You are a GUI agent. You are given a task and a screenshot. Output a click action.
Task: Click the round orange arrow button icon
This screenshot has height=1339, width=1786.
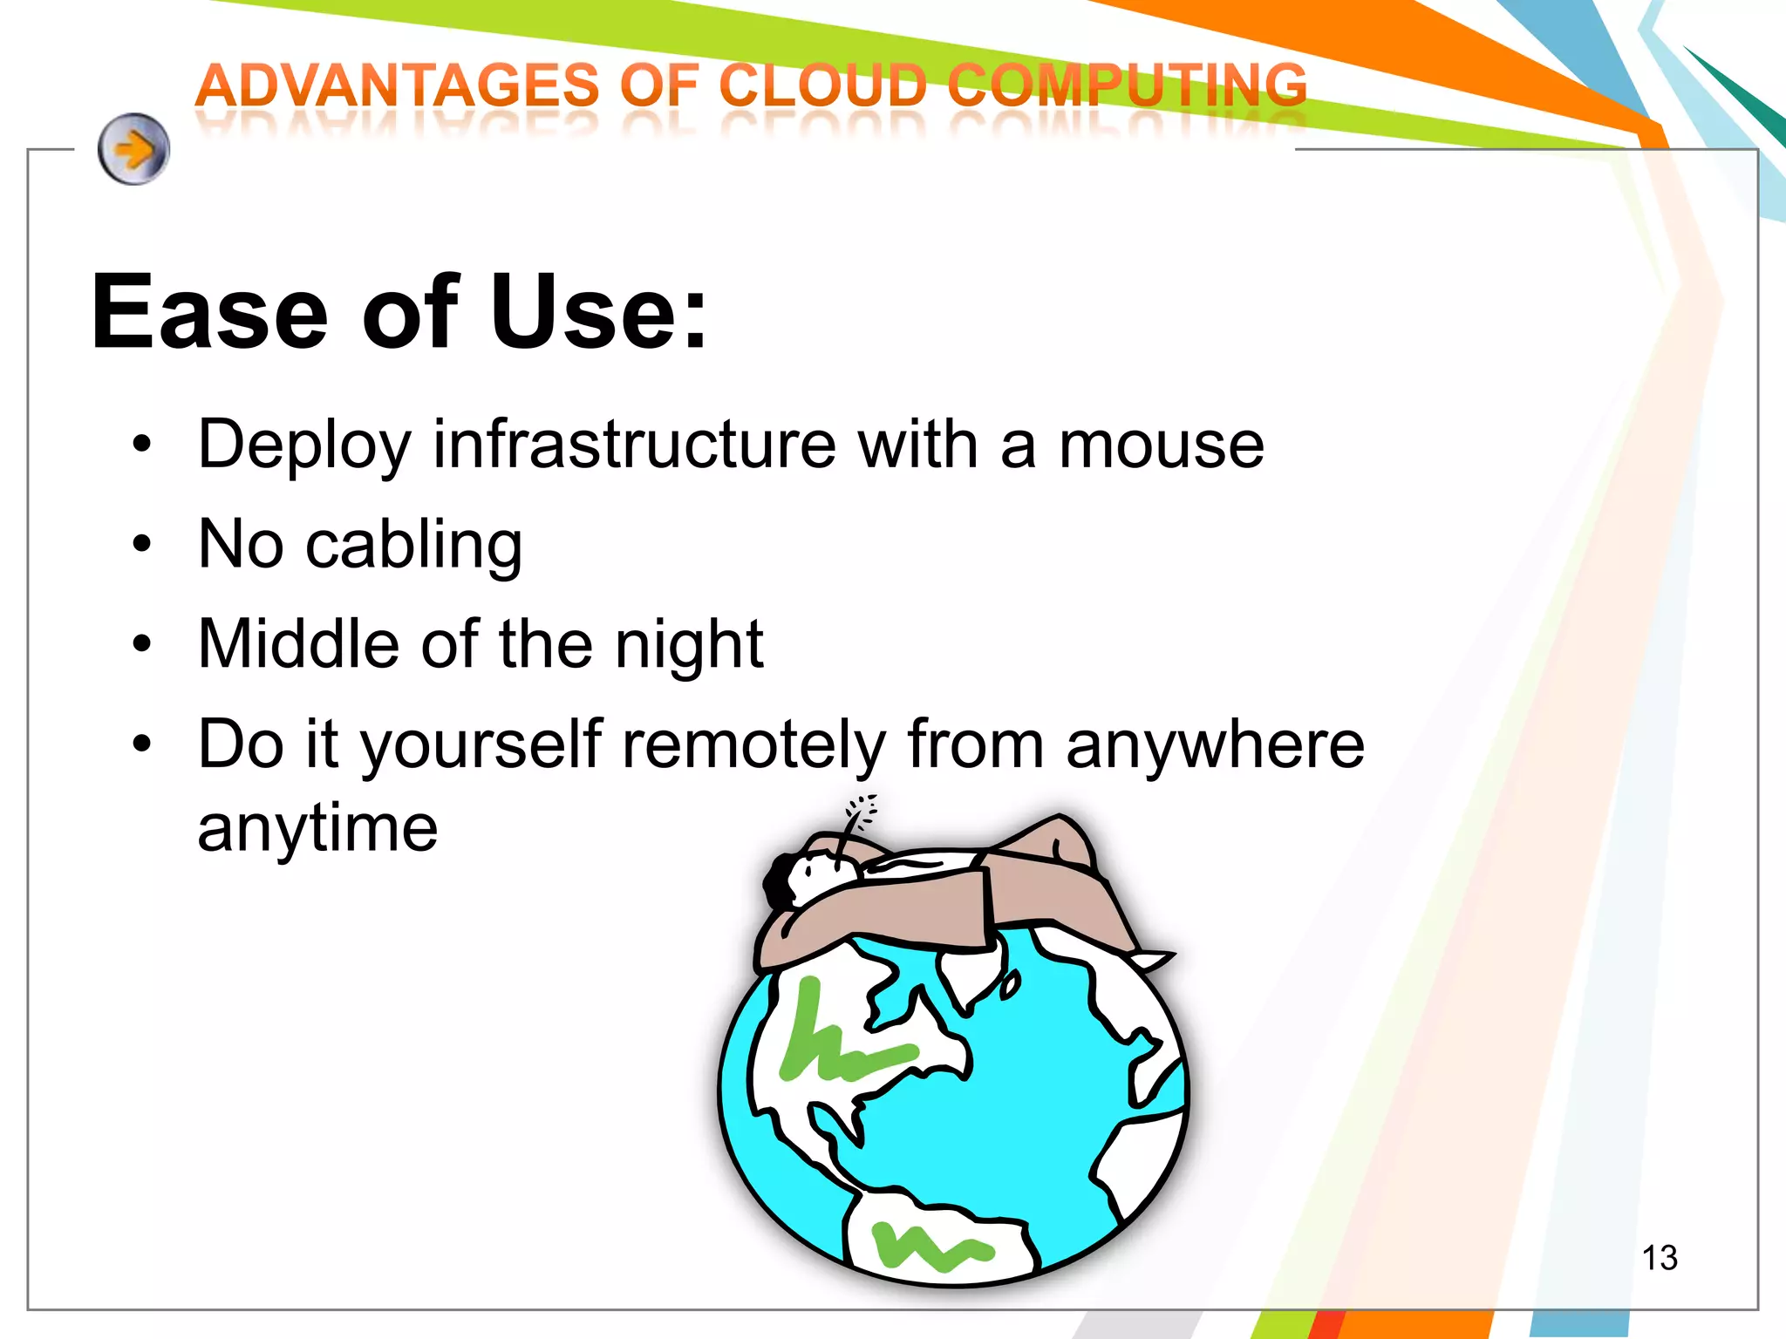click(x=133, y=149)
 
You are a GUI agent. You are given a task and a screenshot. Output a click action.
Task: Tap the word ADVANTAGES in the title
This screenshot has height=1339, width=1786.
click(x=398, y=86)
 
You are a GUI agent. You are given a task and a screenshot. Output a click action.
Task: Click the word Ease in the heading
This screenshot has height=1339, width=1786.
click(x=209, y=312)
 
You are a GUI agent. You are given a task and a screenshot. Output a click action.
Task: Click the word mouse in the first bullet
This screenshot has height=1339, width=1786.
click(x=1161, y=445)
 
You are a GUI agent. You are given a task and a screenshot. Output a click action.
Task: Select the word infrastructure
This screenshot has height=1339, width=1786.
click(x=635, y=445)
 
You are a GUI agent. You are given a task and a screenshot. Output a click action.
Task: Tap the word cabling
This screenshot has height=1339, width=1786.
click(x=414, y=546)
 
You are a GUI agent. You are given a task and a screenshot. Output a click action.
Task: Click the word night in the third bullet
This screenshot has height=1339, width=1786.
click(x=689, y=646)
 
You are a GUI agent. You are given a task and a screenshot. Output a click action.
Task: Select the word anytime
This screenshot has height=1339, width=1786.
click(x=317, y=829)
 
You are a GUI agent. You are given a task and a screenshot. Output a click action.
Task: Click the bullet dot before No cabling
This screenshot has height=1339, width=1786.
click(x=142, y=546)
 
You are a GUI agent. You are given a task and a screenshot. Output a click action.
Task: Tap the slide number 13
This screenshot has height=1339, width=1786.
click(x=1659, y=1258)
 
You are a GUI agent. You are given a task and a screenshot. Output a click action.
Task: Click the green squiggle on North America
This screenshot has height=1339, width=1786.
click(x=837, y=1042)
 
